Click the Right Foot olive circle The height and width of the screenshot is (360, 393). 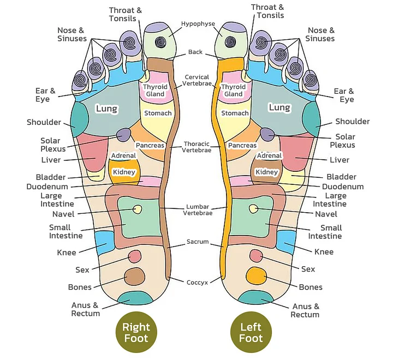[136, 333]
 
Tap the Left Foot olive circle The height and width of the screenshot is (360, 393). [251, 333]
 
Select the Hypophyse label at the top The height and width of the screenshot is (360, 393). [198, 24]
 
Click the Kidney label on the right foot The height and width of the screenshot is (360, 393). [123, 172]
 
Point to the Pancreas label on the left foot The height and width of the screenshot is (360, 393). [242, 146]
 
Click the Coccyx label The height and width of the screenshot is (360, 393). [196, 283]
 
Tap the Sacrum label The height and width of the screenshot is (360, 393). [197, 242]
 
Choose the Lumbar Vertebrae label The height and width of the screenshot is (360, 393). [197, 209]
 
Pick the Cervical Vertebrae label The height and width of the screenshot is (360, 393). [197, 81]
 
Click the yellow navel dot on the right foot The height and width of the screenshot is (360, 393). [138, 209]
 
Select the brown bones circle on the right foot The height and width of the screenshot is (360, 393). [134, 277]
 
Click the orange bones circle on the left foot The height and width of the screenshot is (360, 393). [255, 275]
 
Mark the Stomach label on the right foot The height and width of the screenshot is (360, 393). [158, 113]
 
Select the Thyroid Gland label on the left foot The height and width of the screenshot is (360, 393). [233, 91]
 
